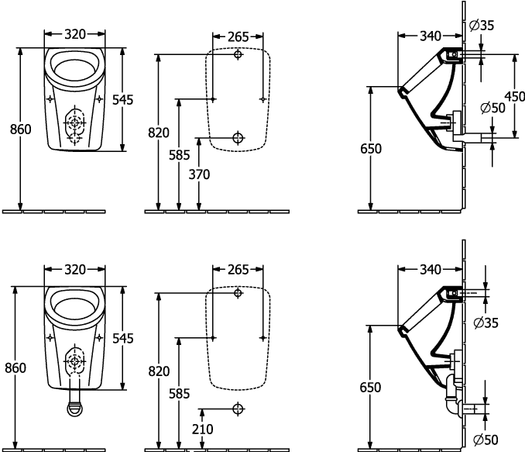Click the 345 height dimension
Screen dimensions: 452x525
coord(122,99)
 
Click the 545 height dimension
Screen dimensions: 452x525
coord(122,338)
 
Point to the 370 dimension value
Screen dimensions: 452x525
coord(199,174)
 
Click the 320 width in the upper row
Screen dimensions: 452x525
coord(74,34)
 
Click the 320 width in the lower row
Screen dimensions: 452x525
coord(74,270)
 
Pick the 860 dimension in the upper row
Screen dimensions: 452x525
coord(19,130)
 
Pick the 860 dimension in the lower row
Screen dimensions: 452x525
coord(17,368)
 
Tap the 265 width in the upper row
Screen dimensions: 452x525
coord(238,37)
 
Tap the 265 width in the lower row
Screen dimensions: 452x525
coord(238,270)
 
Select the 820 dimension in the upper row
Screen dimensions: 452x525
coord(158,133)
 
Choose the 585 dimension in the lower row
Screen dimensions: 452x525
coord(179,393)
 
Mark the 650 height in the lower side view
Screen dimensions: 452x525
coord(372,385)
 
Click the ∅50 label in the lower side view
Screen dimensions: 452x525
coord(486,440)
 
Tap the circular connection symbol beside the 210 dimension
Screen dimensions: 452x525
coord(238,408)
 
